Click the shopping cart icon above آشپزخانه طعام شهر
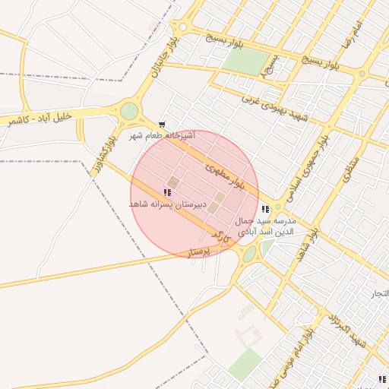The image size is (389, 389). click(x=161, y=124)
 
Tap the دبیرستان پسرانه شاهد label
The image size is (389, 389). click(x=168, y=205)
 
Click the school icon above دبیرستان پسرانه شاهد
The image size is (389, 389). click(x=167, y=193)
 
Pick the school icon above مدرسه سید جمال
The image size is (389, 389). click(x=265, y=209)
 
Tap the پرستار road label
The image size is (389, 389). click(x=199, y=251)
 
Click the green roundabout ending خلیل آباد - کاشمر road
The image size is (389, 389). click(x=129, y=111)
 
